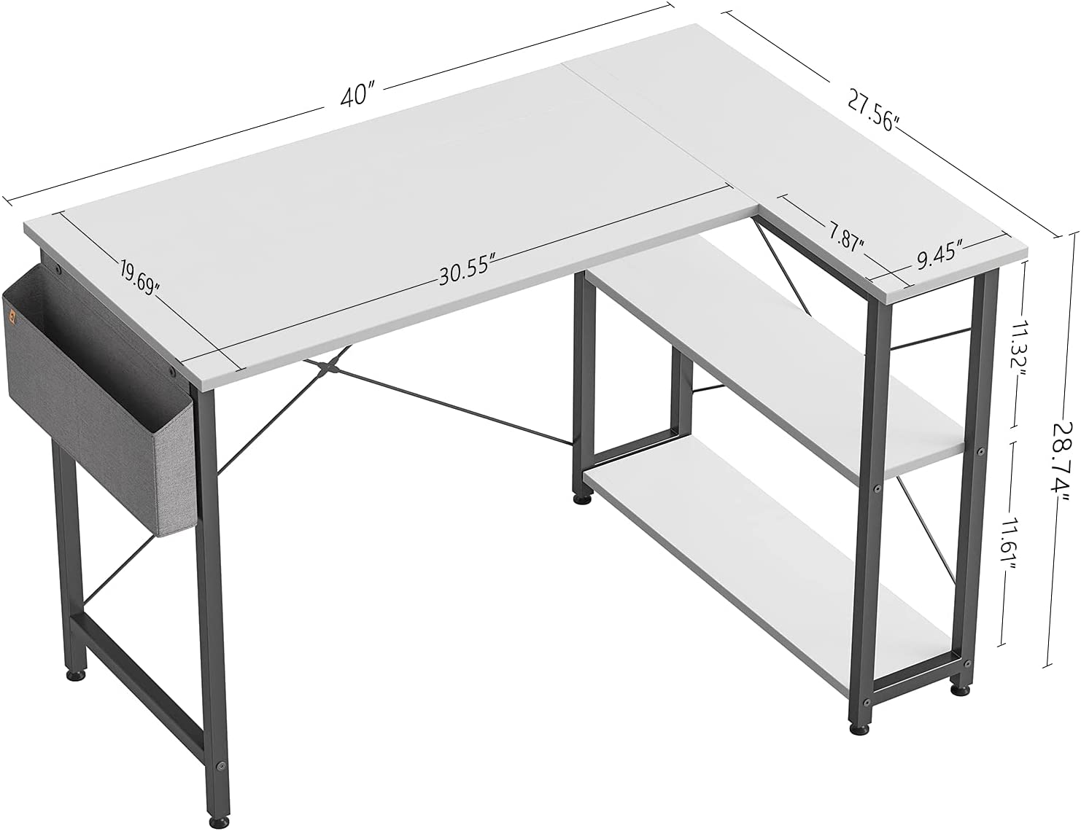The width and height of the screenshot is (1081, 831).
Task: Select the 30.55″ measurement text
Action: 468,273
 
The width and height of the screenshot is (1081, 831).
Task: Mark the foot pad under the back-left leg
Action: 75,676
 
